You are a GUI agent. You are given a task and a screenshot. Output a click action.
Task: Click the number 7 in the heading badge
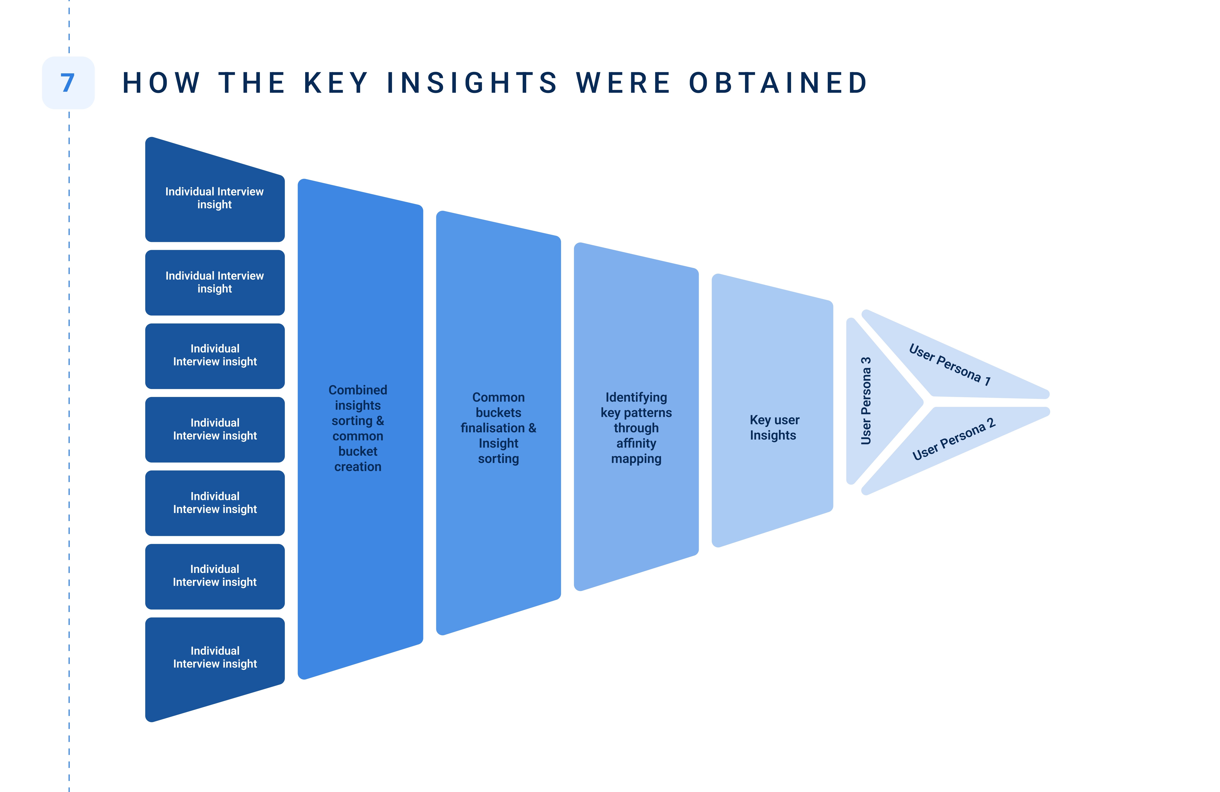(68, 83)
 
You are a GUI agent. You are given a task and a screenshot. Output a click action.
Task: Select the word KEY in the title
(336, 83)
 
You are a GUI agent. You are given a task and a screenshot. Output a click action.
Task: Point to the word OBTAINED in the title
(778, 83)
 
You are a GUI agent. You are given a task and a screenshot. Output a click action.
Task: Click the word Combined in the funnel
(358, 390)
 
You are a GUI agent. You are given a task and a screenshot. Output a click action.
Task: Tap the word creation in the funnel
(358, 467)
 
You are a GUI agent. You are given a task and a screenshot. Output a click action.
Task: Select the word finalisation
(492, 428)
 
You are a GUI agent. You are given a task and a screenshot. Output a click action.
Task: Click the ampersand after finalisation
(532, 428)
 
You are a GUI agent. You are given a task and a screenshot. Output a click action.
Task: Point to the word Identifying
(636, 398)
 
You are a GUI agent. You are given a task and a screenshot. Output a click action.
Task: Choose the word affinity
(636, 443)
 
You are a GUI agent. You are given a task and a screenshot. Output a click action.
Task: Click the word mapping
(636, 459)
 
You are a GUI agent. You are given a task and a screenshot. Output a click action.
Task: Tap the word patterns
(647, 413)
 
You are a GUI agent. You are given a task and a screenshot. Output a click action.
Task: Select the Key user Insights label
(774, 427)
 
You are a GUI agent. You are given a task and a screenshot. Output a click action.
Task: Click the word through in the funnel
(636, 428)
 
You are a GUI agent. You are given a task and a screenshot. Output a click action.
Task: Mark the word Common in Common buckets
(498, 398)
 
